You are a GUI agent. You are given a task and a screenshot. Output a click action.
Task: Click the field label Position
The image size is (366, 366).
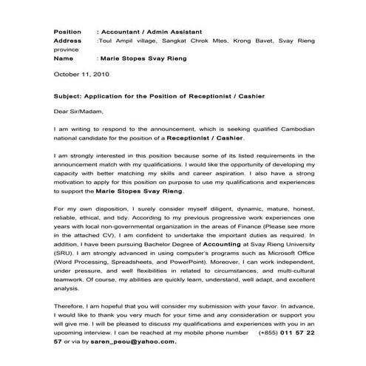coord(68,32)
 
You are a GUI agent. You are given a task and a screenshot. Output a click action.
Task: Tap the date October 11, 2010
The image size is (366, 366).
coord(82,75)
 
